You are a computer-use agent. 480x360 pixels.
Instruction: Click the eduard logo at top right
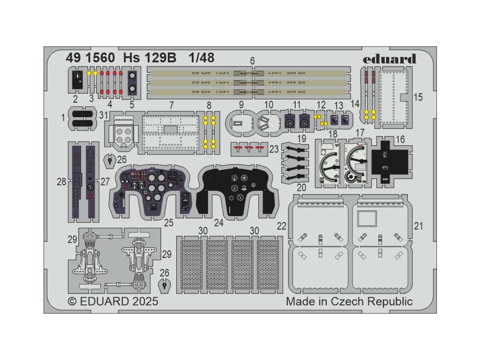point(396,59)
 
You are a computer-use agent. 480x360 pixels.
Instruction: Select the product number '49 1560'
point(84,58)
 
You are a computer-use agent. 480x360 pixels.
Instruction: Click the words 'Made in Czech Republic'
point(349,301)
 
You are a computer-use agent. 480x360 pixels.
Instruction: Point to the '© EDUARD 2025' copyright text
point(113,301)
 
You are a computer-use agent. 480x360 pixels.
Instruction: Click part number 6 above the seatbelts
point(252,61)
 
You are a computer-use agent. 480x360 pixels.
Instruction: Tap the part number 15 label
point(418,97)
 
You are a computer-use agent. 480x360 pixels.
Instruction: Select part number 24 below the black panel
point(219,223)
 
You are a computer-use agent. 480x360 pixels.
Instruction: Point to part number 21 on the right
point(419,226)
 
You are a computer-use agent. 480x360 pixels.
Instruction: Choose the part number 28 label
point(61,181)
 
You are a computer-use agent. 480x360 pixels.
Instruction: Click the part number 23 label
point(274,150)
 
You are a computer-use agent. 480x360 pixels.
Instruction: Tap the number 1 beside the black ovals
point(63,118)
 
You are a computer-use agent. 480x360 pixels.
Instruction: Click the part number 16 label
point(400,139)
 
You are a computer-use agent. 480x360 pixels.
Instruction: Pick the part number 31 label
point(104,114)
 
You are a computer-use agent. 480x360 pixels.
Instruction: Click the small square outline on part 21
point(367,219)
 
